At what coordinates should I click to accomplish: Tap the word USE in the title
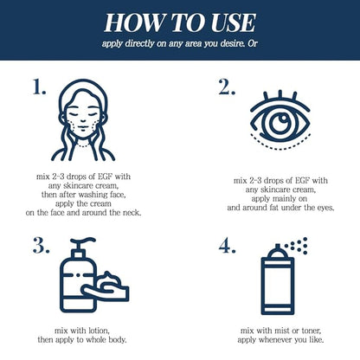coord(234,22)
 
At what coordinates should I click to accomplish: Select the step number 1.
coord(39,87)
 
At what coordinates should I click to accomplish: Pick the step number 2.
coord(227,87)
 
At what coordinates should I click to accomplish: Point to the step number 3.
coord(41,246)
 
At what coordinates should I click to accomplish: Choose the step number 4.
coord(228,246)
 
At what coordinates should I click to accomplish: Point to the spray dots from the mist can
coord(297,246)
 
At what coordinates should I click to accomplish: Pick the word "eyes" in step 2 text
coord(325,208)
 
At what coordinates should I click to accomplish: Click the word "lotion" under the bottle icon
coord(99,331)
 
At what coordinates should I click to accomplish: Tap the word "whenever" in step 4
coord(275,339)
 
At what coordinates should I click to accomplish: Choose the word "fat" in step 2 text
coord(274,208)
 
